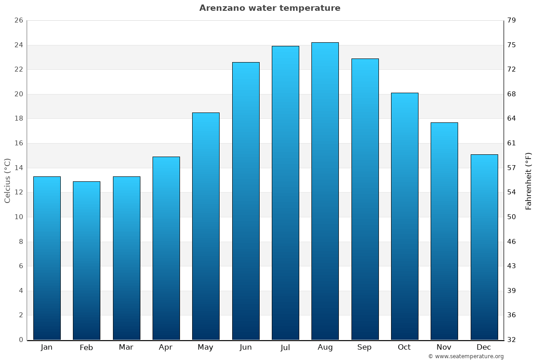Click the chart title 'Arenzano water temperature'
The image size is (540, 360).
pyautogui.click(x=270, y=8)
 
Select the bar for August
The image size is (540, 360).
pyautogui.click(x=325, y=191)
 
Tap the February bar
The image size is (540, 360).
pyautogui.click(x=86, y=261)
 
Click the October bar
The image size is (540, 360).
pyautogui.click(x=405, y=216)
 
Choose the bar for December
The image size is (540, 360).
pyautogui.click(x=484, y=247)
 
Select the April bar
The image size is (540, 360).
pyautogui.click(x=166, y=248)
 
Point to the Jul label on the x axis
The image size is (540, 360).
pyautogui.click(x=285, y=347)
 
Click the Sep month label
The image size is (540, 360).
pyautogui.click(x=364, y=347)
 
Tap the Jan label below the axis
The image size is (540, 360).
pyautogui.click(x=46, y=347)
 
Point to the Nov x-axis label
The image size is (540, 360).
pyautogui.click(x=444, y=347)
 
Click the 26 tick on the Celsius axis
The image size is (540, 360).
pyautogui.click(x=18, y=21)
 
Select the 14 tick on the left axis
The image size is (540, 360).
pyautogui.click(x=18, y=168)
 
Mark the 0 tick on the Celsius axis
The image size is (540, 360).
pyautogui.click(x=21, y=340)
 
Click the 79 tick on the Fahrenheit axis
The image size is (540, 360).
pyautogui.click(x=512, y=21)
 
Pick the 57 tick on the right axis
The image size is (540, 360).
pyautogui.click(x=512, y=168)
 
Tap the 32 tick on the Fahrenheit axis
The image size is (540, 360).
pyautogui.click(x=512, y=340)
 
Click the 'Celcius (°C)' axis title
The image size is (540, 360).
pyautogui.click(x=7, y=180)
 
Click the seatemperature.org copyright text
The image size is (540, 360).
pyautogui.click(x=466, y=356)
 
